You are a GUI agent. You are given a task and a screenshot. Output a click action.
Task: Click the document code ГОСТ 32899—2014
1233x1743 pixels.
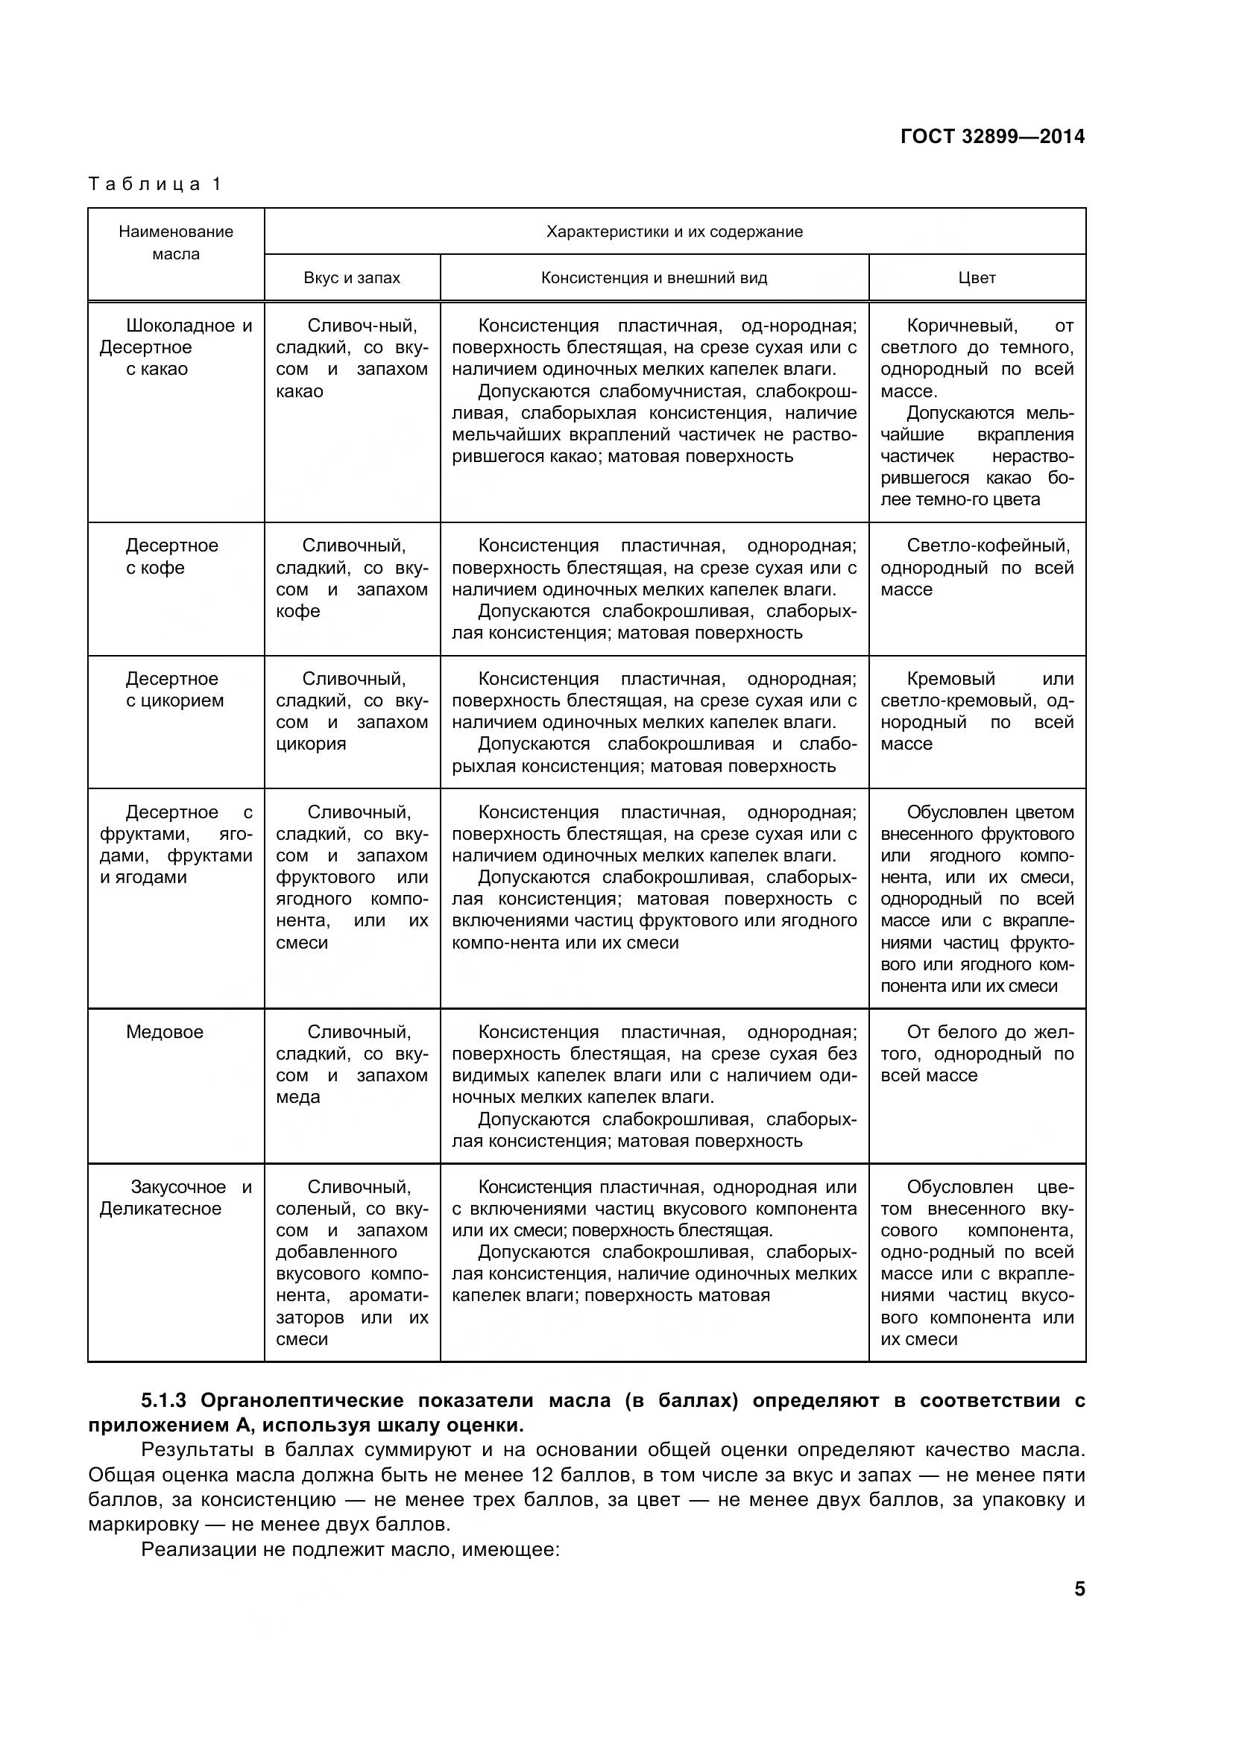992,136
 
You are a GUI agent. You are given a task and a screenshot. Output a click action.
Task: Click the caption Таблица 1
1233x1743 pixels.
155,184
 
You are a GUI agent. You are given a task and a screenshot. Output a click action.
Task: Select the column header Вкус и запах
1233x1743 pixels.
352,278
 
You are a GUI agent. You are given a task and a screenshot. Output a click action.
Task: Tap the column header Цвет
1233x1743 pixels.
977,278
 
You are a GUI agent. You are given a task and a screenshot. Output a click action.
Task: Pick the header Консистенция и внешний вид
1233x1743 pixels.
654,278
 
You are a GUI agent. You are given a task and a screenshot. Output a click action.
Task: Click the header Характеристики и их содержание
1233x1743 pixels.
674,232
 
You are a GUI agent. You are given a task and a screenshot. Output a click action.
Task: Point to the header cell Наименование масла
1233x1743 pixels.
175,243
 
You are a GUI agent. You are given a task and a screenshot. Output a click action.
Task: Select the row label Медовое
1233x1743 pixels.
165,1031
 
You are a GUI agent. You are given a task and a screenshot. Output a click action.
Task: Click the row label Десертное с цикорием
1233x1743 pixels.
174,689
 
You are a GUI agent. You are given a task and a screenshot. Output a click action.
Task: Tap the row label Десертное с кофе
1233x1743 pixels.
171,557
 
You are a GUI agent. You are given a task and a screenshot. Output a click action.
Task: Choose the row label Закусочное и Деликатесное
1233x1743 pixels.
175,1198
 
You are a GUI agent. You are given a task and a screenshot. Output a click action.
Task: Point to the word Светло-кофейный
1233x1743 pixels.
988,545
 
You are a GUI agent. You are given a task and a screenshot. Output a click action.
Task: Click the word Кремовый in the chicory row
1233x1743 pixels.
950,679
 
